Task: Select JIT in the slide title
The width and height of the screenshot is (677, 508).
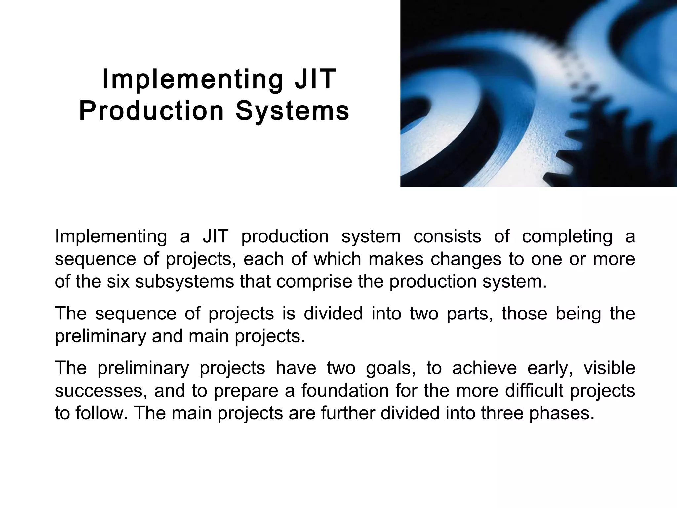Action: click(315, 79)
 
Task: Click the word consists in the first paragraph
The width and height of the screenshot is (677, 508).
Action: click(447, 236)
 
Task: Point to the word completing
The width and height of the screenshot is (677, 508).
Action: click(567, 237)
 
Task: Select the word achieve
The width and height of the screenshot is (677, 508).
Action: click(484, 368)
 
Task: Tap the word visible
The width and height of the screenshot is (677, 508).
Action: click(609, 368)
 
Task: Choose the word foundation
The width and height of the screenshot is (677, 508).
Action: click(345, 391)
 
